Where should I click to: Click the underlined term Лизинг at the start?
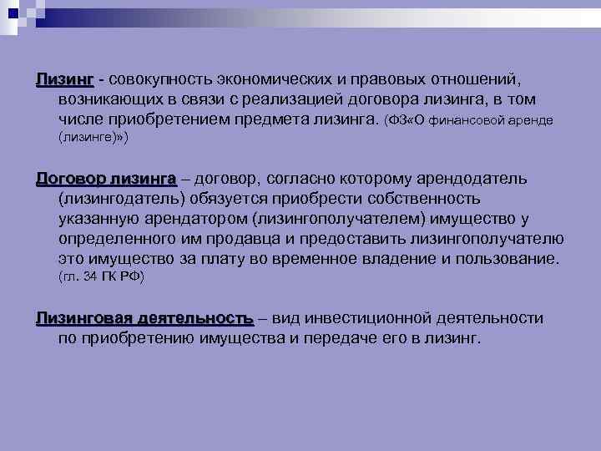[64, 79]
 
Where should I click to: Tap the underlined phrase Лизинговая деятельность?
[144, 318]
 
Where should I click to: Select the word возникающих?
[111, 99]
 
